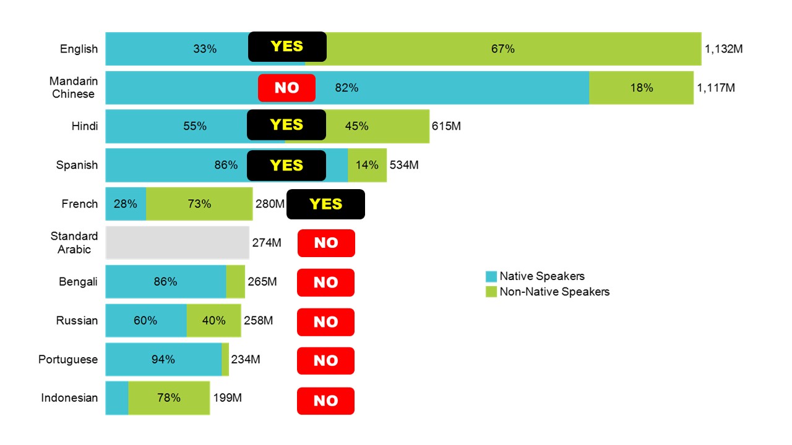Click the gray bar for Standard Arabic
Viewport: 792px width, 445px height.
coord(177,243)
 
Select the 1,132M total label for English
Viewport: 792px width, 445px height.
coord(723,49)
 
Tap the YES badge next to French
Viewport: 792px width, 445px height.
coord(325,204)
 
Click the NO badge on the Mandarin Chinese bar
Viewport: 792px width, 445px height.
coord(286,88)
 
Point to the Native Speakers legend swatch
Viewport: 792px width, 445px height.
coord(491,276)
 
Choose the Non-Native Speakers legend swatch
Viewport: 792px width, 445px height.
coord(491,292)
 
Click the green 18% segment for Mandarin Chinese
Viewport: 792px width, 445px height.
coord(641,88)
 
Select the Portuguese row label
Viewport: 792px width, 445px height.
coord(68,360)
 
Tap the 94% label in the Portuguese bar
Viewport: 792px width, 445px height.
coord(163,360)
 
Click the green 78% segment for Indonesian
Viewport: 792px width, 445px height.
coord(169,398)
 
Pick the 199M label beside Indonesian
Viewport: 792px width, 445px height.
coord(227,398)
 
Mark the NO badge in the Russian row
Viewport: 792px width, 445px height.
coord(325,322)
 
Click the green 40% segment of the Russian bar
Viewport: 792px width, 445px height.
coord(213,321)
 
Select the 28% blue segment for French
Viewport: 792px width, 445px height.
coord(126,204)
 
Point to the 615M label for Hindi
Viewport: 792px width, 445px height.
coord(446,126)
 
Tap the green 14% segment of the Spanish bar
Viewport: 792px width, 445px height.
coord(367,165)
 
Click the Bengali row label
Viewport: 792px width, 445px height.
coord(78,282)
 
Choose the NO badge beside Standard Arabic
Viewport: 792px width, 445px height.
coord(326,243)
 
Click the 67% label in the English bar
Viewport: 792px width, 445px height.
coord(503,49)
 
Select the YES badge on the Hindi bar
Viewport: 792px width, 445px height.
coord(286,125)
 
